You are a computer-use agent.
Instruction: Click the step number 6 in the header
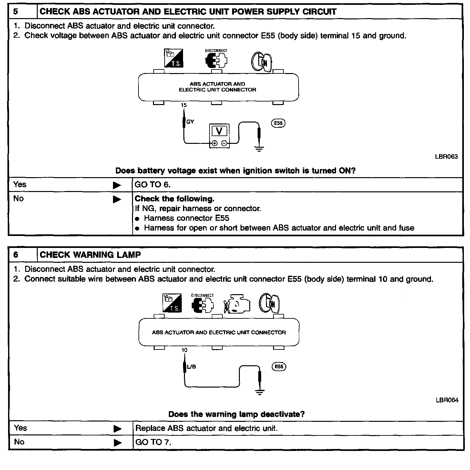[x=16, y=255]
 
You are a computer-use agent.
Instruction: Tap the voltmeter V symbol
[x=220, y=131]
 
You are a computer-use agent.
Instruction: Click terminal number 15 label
[x=184, y=105]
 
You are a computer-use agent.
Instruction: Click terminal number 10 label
[x=184, y=350]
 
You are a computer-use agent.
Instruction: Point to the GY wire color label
[x=190, y=122]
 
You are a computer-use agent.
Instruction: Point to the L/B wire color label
[x=192, y=367]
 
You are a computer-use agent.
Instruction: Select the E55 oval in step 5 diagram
[x=278, y=123]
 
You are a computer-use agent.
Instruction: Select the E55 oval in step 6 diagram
[x=279, y=367]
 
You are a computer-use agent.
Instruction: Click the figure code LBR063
[x=446, y=157]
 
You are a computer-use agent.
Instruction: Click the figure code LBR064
[x=447, y=400]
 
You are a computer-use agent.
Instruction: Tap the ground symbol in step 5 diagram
[x=259, y=149]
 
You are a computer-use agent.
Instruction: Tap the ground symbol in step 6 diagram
[x=260, y=392]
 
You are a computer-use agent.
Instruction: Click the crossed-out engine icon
[x=237, y=304]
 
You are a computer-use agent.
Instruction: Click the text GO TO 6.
[x=152, y=185]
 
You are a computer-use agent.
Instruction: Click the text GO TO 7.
[x=153, y=442]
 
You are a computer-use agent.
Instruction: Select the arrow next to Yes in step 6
[x=117, y=429]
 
